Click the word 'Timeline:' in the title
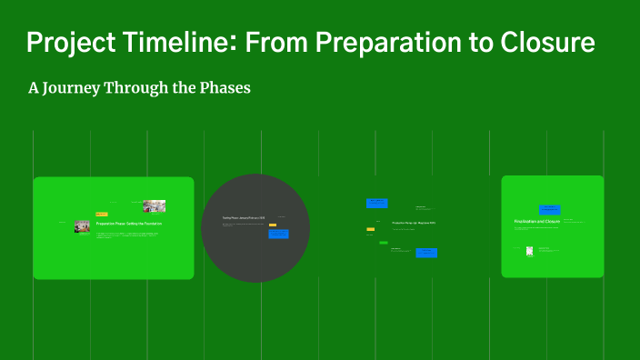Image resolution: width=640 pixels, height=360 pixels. pos(193,43)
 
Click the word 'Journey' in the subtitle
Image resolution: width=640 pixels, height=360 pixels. pos(83,88)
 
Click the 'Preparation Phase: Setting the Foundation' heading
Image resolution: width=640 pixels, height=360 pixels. pos(128,223)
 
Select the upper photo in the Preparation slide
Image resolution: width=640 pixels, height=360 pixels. pos(154,206)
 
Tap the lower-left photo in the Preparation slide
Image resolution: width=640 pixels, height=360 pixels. pos(83,225)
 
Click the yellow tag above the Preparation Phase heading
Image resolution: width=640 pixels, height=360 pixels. pos(101,214)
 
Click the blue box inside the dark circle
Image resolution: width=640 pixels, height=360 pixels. pos(278,234)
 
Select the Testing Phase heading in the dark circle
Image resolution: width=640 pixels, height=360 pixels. pos(244,218)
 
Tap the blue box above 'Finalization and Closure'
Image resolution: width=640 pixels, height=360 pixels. pos(549,209)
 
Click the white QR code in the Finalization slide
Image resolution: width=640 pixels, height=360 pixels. pos(529,251)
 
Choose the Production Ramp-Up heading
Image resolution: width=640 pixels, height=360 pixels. pos(414,223)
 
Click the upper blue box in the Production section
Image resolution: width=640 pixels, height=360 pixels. pos(376,204)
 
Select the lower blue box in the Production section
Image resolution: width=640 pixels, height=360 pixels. pos(426,253)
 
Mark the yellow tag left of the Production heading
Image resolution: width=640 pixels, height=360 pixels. pos(371,229)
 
